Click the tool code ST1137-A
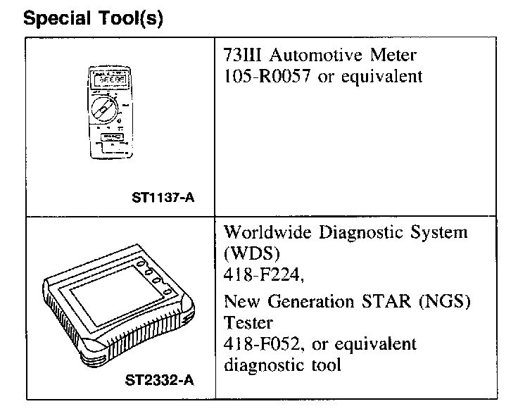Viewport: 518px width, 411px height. coord(163,198)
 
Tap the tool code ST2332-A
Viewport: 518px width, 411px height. coord(161,381)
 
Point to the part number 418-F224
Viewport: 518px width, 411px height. coord(263,277)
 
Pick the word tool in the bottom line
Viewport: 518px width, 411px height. coord(327,366)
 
